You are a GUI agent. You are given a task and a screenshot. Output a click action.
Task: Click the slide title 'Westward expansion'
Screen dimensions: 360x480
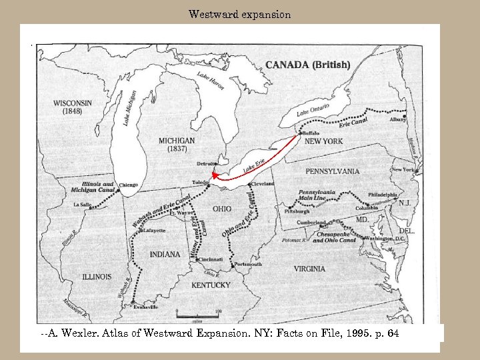click(239, 14)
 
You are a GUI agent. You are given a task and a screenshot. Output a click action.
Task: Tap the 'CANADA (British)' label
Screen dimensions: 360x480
click(307, 65)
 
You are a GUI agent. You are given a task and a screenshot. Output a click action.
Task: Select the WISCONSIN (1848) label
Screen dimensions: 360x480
click(73, 107)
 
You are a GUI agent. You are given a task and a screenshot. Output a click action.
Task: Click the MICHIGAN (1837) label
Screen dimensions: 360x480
click(177, 145)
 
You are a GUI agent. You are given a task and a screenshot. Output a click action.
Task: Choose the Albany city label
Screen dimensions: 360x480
click(398, 119)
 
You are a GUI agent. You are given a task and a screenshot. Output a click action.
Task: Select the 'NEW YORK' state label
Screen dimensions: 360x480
click(323, 141)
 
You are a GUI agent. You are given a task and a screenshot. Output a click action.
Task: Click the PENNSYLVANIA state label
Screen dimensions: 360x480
click(332, 171)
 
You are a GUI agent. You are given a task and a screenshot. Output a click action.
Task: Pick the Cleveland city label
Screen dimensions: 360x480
click(262, 183)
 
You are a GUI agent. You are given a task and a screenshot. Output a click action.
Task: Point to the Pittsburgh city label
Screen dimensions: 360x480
click(297, 211)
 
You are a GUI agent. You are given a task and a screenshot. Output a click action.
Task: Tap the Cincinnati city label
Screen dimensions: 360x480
click(209, 259)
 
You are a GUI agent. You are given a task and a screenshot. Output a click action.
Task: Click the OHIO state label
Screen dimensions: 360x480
click(222, 209)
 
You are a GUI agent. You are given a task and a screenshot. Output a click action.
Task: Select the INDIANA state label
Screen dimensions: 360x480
click(165, 254)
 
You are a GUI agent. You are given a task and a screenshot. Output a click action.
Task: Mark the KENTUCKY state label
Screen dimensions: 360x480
click(211, 285)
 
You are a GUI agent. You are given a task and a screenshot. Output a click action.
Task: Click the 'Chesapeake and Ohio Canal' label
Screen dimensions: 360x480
click(337, 237)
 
